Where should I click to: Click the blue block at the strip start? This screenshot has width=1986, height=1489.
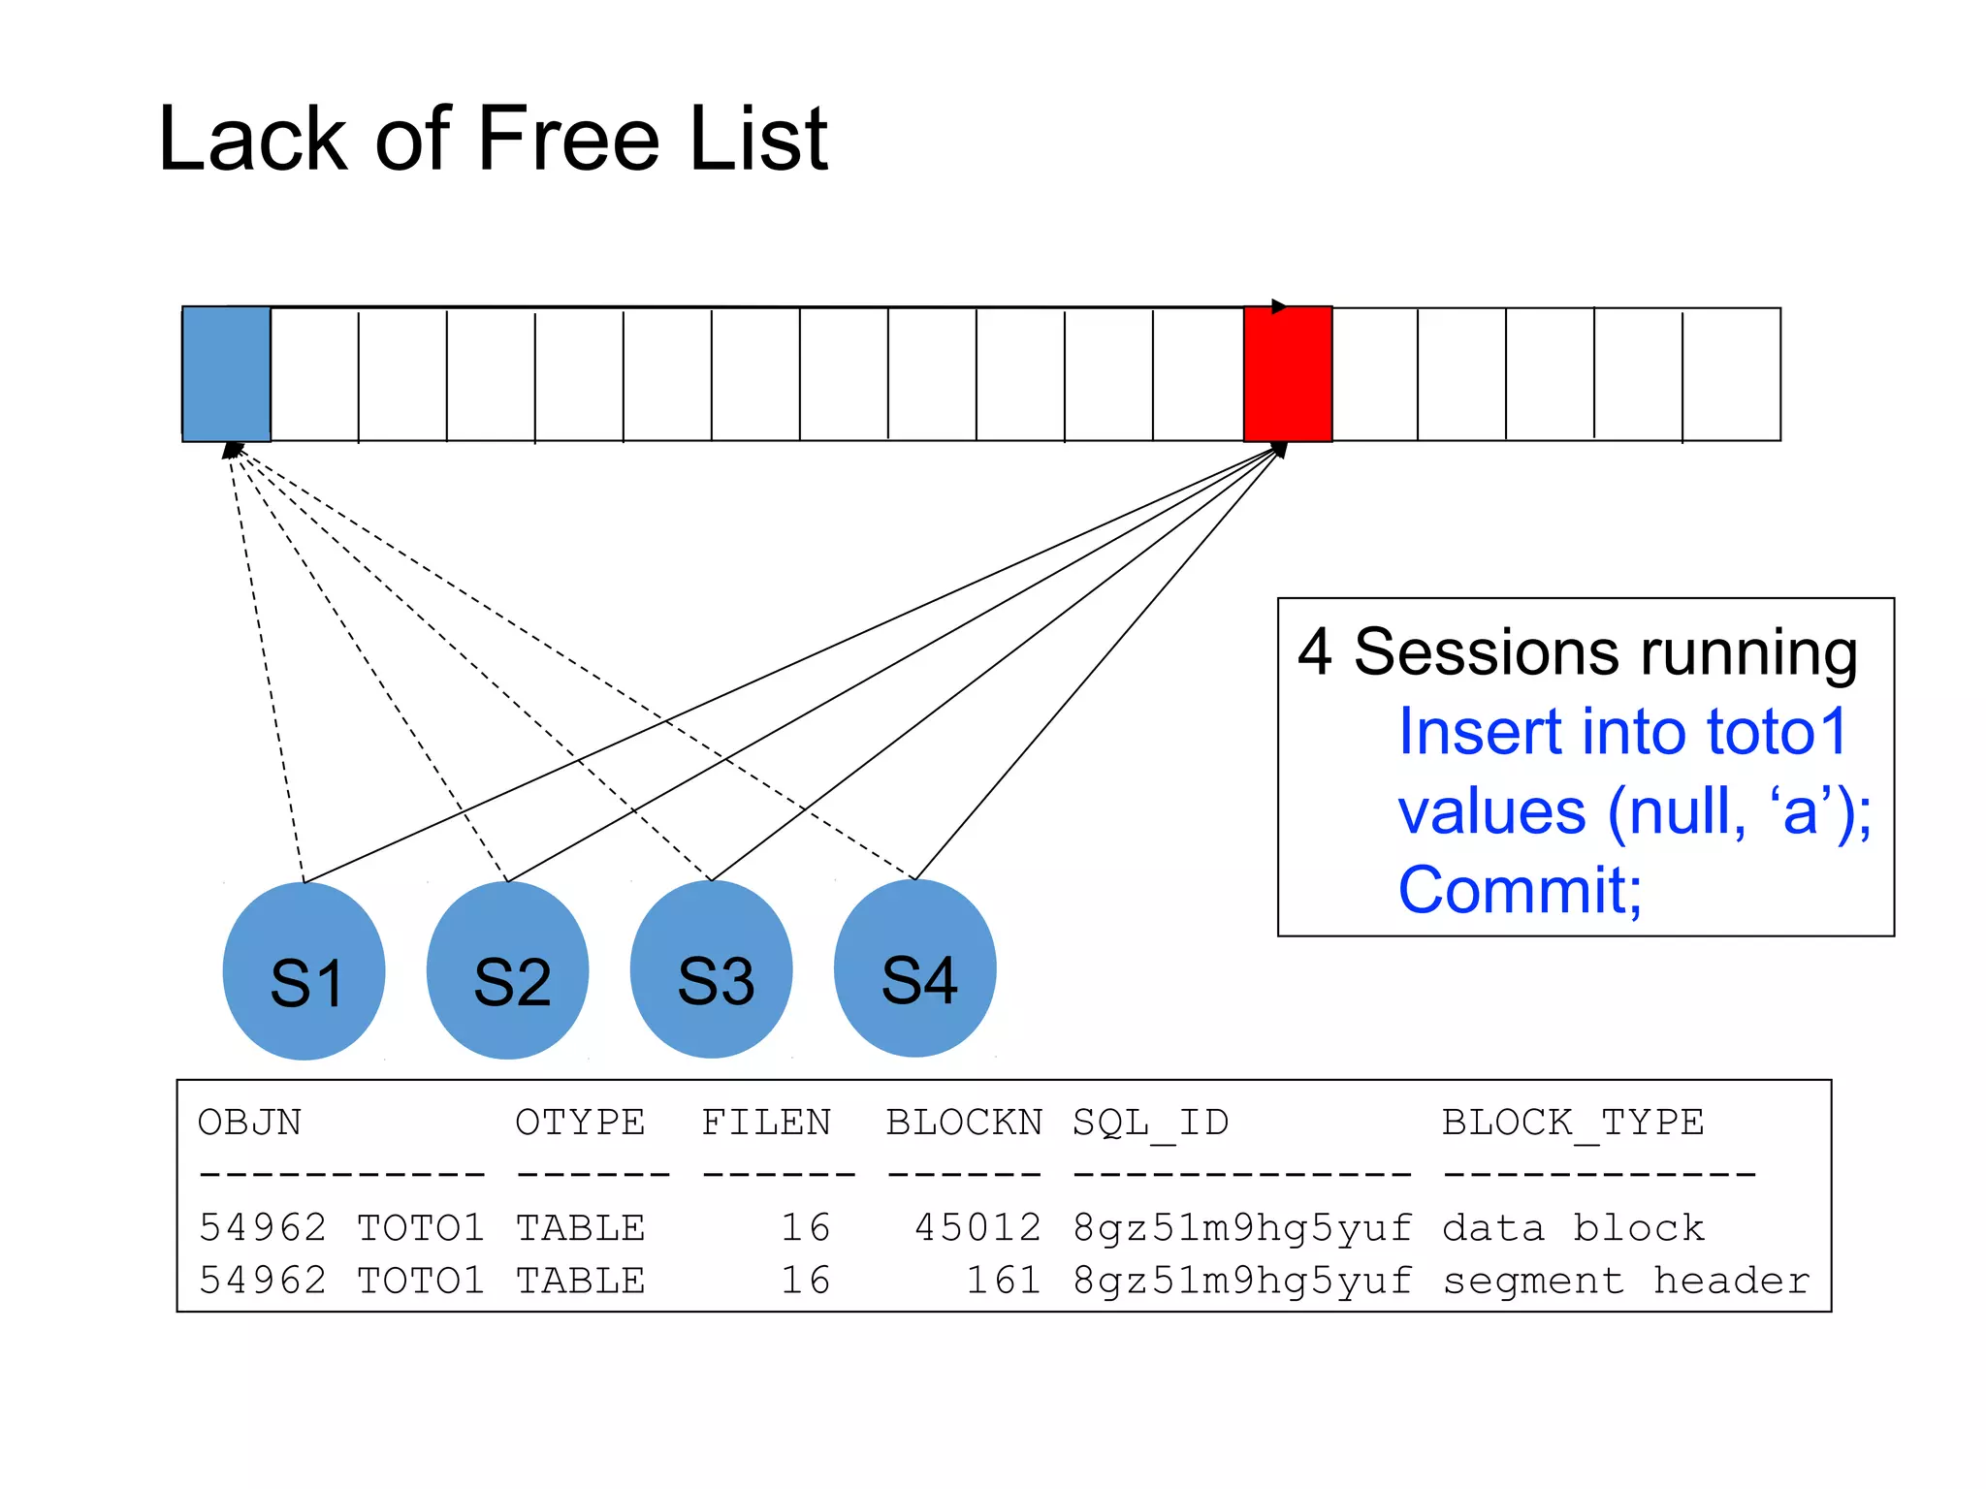tap(226, 374)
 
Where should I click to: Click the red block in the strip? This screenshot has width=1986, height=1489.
tap(1288, 374)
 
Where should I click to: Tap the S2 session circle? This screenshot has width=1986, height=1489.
tap(508, 971)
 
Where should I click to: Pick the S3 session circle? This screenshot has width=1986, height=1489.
tap(712, 970)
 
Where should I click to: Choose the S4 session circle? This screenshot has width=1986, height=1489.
tap(915, 968)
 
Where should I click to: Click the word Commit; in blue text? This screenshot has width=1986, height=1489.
tap(1520, 890)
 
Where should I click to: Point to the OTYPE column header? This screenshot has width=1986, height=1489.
tap(580, 1123)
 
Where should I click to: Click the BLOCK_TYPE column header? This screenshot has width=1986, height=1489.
tap(1572, 1123)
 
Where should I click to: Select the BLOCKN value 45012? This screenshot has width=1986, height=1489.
tap(977, 1228)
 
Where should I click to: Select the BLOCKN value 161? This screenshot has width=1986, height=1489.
tap(1004, 1281)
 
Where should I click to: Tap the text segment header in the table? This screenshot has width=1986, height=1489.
tap(1625, 1281)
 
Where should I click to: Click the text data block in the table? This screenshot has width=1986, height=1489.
tap(1572, 1228)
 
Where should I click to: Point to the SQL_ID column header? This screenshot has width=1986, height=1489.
tap(1150, 1123)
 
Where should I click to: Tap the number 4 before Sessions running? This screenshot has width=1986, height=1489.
tap(1314, 651)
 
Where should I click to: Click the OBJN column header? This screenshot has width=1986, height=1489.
tap(250, 1123)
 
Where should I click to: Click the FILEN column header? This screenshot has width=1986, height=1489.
tap(766, 1123)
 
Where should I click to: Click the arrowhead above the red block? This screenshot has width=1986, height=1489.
tap(1279, 306)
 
